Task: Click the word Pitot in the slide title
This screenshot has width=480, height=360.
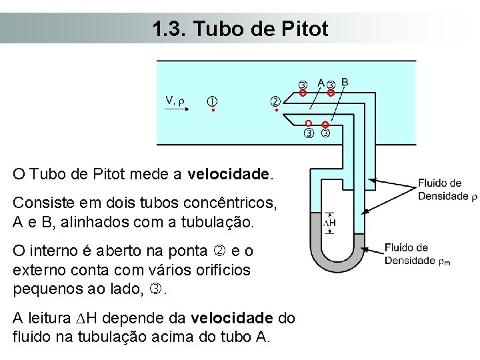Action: pyautogui.click(x=301, y=29)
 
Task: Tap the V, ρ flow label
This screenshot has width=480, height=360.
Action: pyautogui.click(x=175, y=101)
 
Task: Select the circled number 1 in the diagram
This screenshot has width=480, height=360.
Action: pyautogui.click(x=211, y=101)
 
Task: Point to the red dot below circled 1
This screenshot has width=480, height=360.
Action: pyautogui.click(x=212, y=111)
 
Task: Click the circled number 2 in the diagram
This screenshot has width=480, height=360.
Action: pyautogui.click(x=275, y=101)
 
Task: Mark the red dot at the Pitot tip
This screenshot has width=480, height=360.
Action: pyautogui.click(x=277, y=111)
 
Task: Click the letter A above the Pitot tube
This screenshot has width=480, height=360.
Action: pyautogui.click(x=321, y=83)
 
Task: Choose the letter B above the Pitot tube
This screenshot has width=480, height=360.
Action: pyautogui.click(x=344, y=82)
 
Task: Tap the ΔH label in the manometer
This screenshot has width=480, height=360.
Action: pyautogui.click(x=329, y=222)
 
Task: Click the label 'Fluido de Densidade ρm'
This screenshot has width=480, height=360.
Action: pyautogui.click(x=417, y=254)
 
